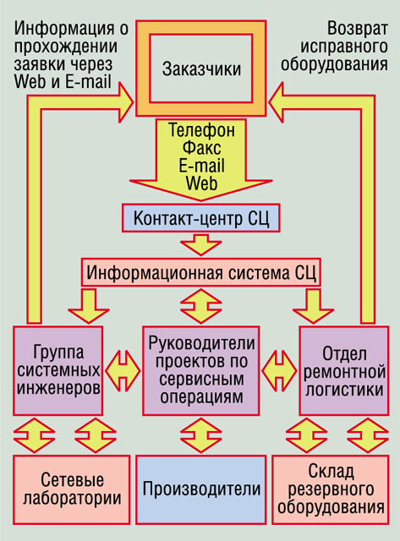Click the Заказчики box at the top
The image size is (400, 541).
point(201,68)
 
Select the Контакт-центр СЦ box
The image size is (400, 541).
point(201,218)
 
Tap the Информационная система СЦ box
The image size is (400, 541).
point(201,272)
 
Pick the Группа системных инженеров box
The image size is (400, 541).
point(58,370)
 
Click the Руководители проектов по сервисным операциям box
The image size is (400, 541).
point(201,370)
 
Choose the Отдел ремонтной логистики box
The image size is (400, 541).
point(343,370)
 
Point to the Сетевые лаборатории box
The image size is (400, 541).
point(72,489)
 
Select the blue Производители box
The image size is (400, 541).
point(201,489)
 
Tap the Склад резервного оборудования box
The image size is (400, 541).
point(331,489)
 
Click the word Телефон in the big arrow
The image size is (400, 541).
point(201,130)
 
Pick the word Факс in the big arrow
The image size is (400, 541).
point(201,148)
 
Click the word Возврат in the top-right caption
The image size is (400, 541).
point(357,28)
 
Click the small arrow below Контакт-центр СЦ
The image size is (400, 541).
point(201,244)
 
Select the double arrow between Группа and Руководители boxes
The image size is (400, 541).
point(123,371)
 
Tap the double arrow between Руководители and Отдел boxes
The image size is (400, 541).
point(279,371)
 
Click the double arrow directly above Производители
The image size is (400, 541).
point(201,435)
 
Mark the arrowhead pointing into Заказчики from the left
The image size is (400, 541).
point(124,102)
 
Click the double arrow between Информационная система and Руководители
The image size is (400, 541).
point(201,306)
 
